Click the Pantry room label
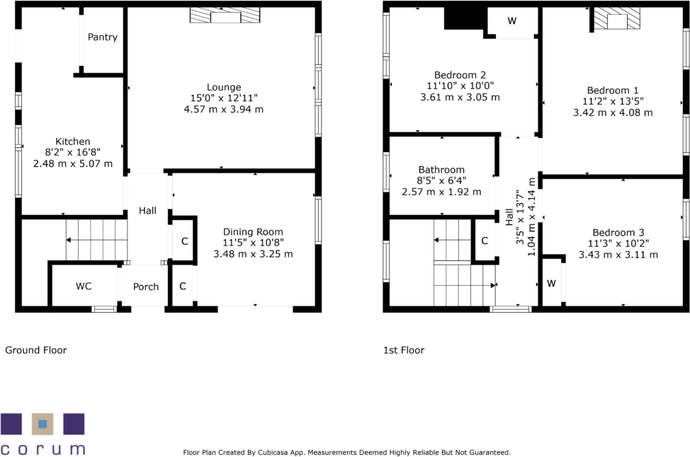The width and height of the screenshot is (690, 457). tap(103, 37)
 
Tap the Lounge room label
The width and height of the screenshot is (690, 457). tap(224, 87)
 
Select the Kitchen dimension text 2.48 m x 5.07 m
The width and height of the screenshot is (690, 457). tap(72, 163)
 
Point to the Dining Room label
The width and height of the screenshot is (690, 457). tap(253, 231)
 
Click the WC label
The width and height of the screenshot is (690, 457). tap(84, 286)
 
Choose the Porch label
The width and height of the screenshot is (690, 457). tap(146, 287)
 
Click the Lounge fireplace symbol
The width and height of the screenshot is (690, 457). tap(225, 15)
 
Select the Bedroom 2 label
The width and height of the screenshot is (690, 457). tap(460, 75)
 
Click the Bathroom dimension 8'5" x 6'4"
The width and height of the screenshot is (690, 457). tap(441, 180)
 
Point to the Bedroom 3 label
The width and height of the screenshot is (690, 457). tap(618, 233)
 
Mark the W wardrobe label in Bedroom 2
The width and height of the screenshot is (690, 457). tap(511, 21)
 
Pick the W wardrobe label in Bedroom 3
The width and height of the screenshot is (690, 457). tap(551, 284)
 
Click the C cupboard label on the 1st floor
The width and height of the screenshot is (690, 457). tap(485, 241)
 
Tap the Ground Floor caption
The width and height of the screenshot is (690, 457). tap(36, 350)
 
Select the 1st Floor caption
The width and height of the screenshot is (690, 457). tap(404, 350)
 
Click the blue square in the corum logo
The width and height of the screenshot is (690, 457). tap(43, 424)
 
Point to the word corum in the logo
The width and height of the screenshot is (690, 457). tap(43, 449)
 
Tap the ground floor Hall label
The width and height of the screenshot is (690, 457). tap(147, 211)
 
